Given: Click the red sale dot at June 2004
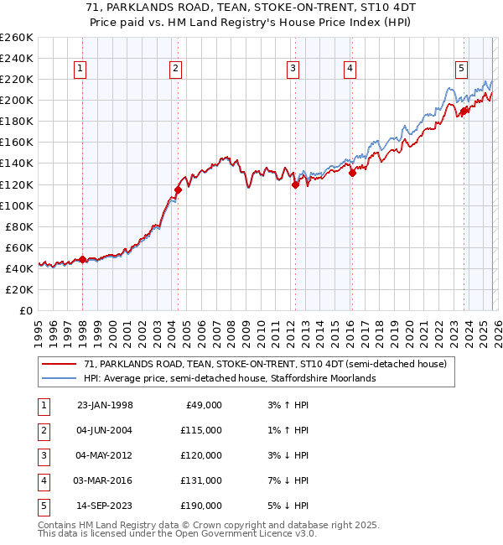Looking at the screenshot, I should (178, 189).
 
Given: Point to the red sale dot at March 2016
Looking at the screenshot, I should (352, 173).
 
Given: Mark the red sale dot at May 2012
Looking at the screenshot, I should (295, 184).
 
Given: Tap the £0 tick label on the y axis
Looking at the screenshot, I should (25, 310).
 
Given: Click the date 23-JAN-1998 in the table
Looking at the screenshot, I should (105, 405).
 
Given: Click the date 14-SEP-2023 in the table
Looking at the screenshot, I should (105, 506).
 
